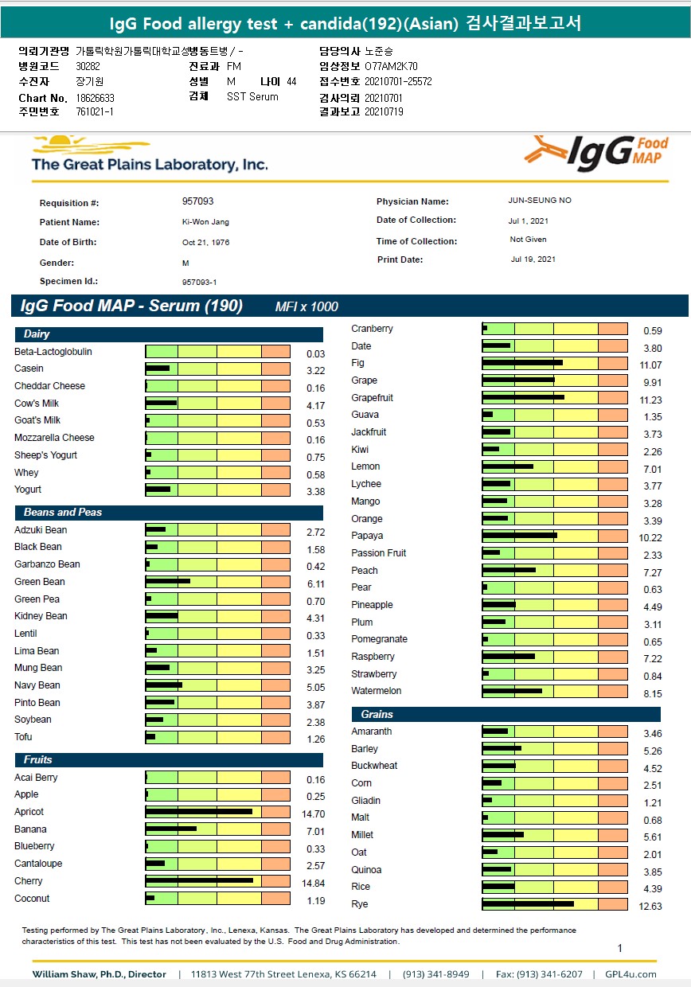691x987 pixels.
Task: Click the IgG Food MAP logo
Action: click(595, 152)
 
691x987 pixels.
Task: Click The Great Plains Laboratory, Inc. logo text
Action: click(150, 165)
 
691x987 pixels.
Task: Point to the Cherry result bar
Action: click(199, 880)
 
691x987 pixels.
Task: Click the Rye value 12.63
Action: click(650, 907)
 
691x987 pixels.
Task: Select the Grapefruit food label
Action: click(372, 398)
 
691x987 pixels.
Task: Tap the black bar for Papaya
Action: click(519, 536)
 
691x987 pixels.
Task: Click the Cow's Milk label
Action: click(37, 404)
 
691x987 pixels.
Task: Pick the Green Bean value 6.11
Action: click(315, 584)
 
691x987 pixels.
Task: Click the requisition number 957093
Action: click(197, 201)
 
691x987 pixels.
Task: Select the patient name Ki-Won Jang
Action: click(205, 222)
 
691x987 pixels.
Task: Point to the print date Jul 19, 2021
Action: click(533, 259)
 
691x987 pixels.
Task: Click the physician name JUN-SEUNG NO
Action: click(539, 201)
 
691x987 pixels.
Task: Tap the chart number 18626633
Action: click(95, 98)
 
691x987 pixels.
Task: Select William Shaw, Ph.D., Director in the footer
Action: click(99, 974)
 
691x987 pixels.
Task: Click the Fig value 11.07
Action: click(650, 365)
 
